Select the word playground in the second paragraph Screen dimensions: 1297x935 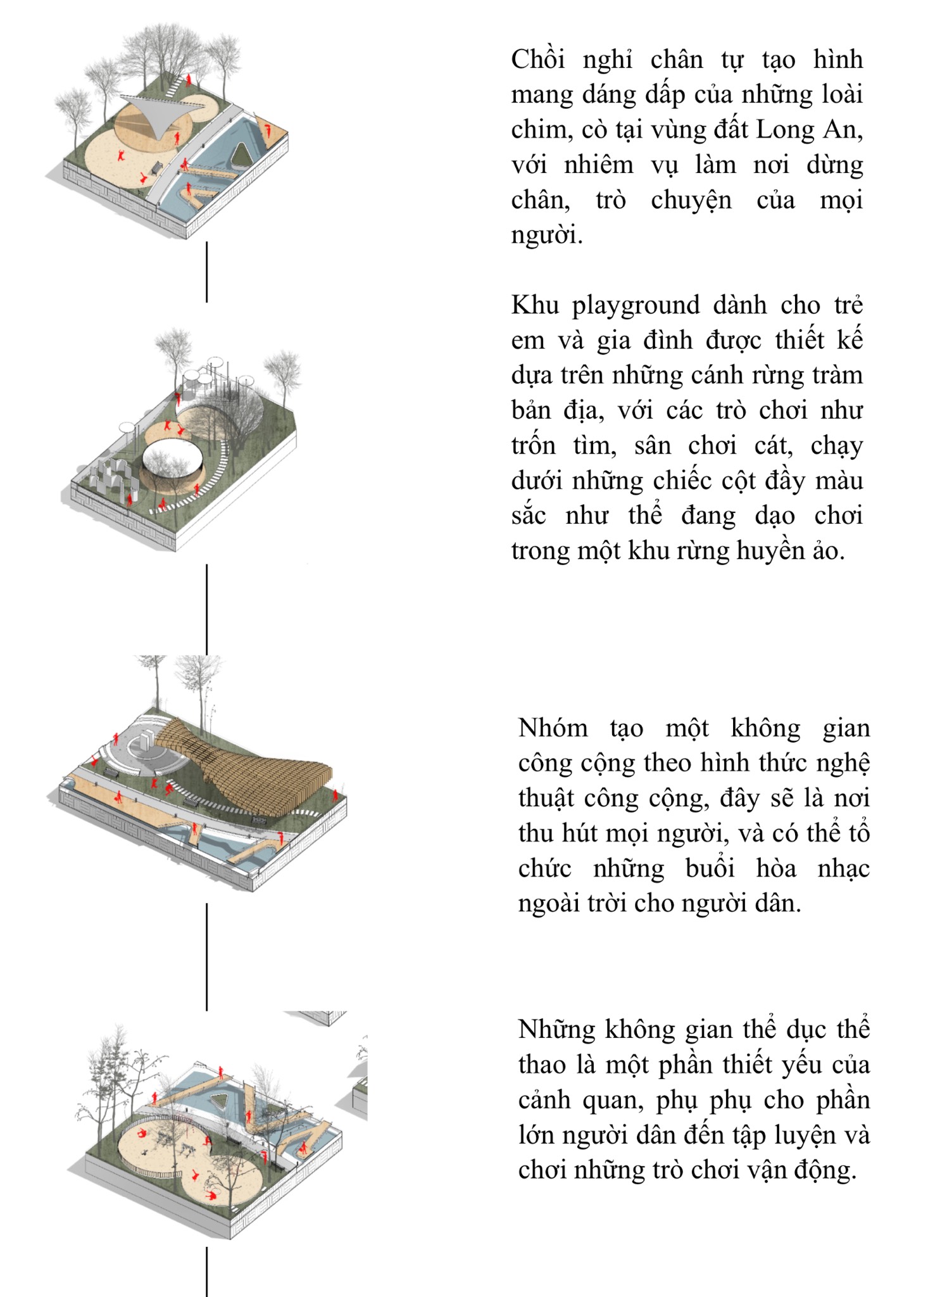tap(636, 305)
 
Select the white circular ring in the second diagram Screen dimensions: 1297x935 tap(172, 465)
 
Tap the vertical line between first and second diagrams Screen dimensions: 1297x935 tap(206, 271)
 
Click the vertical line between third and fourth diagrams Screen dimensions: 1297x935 tap(206, 956)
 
